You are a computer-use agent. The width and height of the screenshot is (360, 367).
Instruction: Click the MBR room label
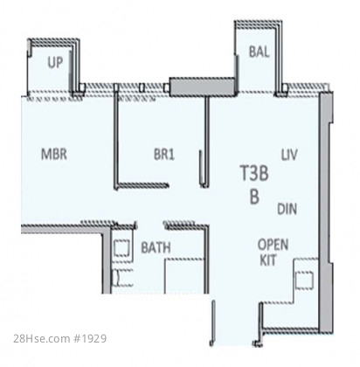coord(54,154)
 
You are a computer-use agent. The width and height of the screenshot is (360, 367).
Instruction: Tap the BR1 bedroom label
coord(164,154)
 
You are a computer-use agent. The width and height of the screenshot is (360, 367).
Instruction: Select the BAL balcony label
coord(259,52)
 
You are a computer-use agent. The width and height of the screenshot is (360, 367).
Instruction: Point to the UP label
coord(55,62)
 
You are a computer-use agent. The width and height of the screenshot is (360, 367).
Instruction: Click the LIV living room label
coord(289,155)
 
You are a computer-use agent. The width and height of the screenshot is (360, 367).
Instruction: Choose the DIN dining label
coord(287,209)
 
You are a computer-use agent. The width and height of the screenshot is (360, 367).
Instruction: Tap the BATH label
coord(156,247)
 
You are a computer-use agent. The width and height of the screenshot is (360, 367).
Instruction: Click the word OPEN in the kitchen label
coord(273,245)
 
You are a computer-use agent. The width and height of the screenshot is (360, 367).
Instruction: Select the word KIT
coord(267,260)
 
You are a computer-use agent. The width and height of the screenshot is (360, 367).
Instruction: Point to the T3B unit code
coord(254,173)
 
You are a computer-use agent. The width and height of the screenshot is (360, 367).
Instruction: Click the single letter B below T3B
coord(254,197)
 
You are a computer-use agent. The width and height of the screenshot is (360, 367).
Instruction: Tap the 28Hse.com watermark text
coord(41,339)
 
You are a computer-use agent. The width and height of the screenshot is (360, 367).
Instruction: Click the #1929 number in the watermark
coord(90,339)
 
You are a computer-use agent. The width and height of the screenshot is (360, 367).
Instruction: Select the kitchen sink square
coord(304,280)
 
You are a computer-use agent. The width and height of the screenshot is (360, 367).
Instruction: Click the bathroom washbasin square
coord(121,248)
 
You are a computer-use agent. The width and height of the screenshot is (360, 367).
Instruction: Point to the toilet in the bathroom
coord(123,278)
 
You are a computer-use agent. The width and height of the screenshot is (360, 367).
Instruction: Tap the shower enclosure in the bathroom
coord(184,276)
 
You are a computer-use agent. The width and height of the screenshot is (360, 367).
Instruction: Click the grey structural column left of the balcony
coord(203,87)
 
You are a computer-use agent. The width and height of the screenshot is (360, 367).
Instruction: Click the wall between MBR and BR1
coord(116,137)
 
